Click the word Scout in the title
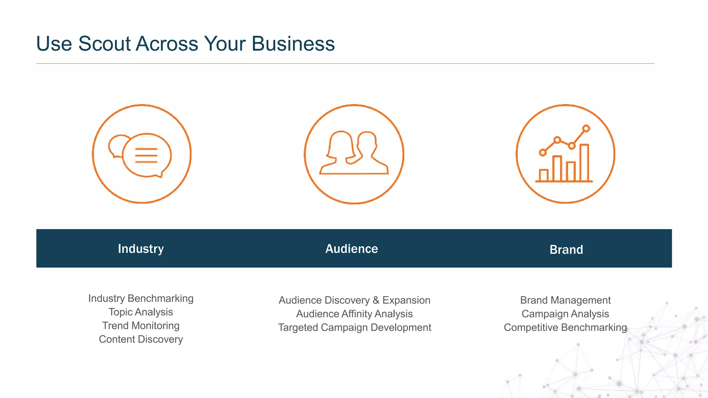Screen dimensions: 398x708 [104, 44]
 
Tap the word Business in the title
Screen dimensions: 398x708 [293, 44]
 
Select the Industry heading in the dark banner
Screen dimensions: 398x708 [141, 249]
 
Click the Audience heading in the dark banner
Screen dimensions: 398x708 [352, 249]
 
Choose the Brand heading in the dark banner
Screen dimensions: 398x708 [566, 249]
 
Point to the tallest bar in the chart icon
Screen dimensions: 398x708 [584, 163]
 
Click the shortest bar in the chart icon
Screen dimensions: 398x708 [543, 175]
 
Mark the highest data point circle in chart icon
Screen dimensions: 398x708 [586, 129]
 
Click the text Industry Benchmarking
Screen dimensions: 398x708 [141, 298]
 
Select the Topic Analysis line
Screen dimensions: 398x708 [141, 312]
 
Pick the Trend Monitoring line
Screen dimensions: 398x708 [141, 325]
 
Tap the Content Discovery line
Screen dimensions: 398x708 [141, 339]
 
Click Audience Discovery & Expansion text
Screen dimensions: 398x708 [354, 300]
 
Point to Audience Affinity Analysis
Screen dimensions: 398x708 [354, 314]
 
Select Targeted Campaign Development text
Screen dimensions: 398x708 [354, 327]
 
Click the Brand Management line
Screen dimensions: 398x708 [565, 300]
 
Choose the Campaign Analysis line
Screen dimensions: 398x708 [565, 314]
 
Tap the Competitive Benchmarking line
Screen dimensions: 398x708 [565, 327]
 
